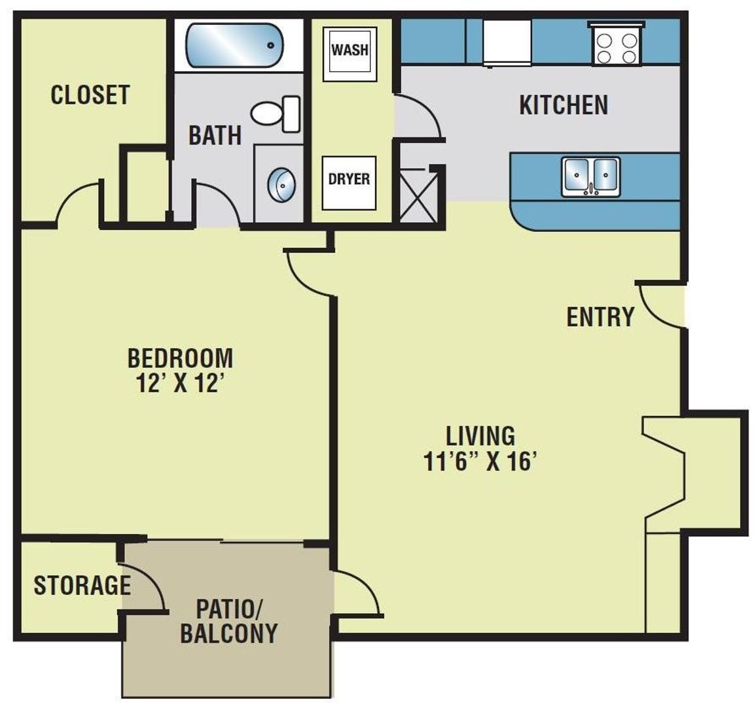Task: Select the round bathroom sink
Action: (281, 184)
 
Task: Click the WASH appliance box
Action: (350, 51)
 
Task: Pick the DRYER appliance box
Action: (349, 180)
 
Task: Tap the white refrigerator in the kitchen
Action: (507, 42)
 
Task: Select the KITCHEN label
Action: (564, 105)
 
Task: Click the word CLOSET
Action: (90, 95)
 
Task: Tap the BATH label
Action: (215, 135)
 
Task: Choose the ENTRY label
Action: (600, 317)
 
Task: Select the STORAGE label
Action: (81, 585)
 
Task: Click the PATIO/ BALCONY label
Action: (229, 621)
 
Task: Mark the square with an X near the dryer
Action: (418, 195)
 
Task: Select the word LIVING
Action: (480, 435)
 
